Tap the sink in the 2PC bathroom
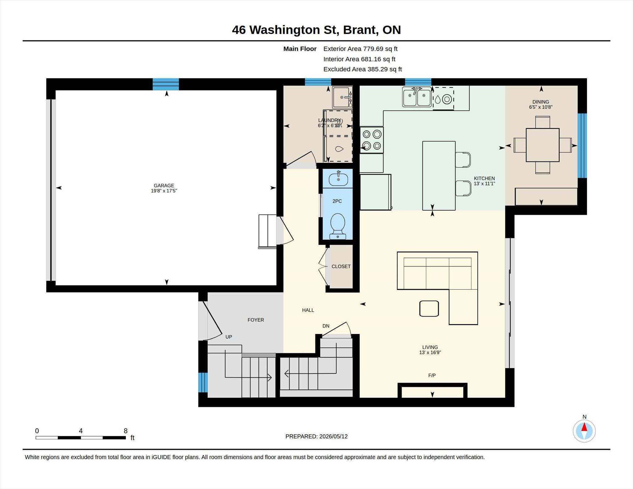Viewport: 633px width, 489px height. pos(338,179)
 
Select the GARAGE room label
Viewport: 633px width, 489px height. pos(164,186)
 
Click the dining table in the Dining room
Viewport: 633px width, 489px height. pos(542,145)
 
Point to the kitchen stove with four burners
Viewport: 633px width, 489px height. pos(372,140)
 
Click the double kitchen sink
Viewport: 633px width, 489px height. pos(417,97)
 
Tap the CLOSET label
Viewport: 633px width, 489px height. pos(341,266)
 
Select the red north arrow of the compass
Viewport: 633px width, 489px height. pos(584,427)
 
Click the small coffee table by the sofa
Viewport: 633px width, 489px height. pos(429,309)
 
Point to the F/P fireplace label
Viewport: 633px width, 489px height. pos(432,375)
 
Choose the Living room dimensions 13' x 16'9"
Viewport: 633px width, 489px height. pos(430,352)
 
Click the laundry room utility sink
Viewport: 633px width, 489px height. pos(342,97)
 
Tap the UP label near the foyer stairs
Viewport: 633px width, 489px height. pos(229,337)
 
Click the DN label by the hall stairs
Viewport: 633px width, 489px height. pos(326,326)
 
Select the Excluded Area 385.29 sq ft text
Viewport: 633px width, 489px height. pos(363,69)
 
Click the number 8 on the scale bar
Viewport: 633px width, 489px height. pos(125,431)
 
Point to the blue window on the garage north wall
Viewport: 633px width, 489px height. pos(166,84)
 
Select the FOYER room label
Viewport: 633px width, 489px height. pos(256,320)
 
